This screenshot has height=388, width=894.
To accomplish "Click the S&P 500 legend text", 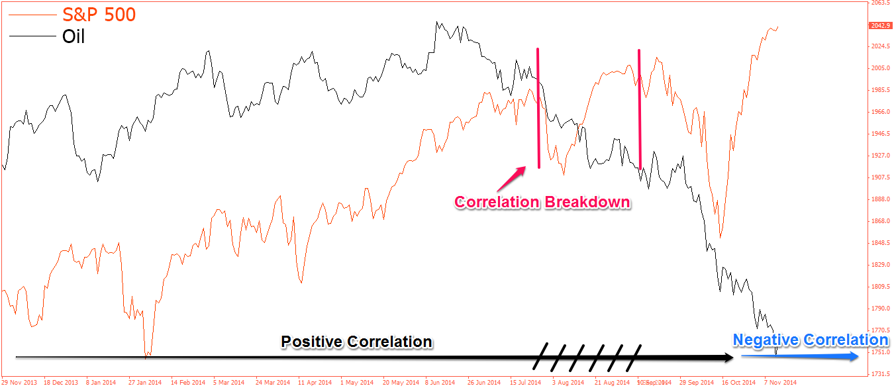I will coord(99,13).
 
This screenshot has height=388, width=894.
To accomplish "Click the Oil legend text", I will coord(74,36).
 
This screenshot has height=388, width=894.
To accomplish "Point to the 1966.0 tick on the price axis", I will coord(879,112).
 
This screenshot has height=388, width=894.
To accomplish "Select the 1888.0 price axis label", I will coord(879,199).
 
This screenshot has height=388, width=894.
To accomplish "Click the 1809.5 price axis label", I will coord(879,287).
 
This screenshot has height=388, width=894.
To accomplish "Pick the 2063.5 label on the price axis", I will coord(879,3).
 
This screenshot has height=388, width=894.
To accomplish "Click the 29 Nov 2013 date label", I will coord(18,383).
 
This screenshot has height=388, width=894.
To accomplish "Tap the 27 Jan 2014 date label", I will coord(145,383).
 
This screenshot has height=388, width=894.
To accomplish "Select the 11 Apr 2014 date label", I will coord(314,383).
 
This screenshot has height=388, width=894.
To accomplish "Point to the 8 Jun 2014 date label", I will coord(440,383).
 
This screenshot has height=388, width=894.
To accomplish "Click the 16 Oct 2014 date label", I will coord(739,383).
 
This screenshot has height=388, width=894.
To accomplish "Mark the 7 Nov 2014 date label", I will coord(781,383).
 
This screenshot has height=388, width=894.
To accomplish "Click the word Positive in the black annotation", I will coord(311,342).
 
